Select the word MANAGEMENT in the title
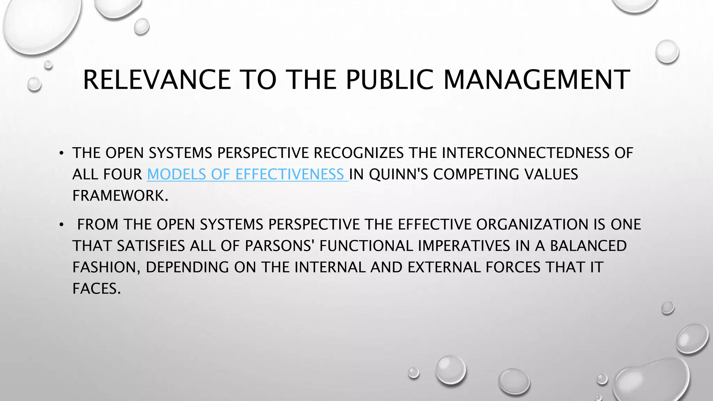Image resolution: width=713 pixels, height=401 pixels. point(536,80)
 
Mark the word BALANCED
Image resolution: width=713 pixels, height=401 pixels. point(588,246)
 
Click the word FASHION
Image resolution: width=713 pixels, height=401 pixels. point(105,267)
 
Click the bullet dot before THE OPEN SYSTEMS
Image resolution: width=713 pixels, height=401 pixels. point(62,153)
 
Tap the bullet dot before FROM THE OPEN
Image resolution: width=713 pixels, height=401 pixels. point(62,225)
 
